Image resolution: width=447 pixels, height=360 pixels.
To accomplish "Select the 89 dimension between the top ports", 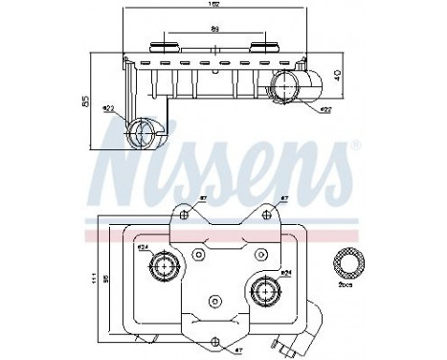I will coord(213,31).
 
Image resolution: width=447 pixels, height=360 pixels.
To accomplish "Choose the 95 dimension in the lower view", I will coord(105,279).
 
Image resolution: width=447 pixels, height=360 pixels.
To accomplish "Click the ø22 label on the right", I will coord(324,110).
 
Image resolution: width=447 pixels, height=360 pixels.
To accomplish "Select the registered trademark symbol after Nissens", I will coord(355,146).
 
